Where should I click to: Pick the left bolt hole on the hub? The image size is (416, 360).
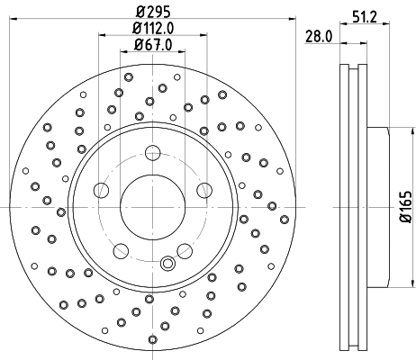coord(102,190)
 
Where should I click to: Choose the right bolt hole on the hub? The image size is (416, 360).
coord(204,190)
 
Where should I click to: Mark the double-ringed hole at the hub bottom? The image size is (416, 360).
coord(167,265)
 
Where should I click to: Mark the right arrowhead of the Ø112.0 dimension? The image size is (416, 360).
coord(206,38)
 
